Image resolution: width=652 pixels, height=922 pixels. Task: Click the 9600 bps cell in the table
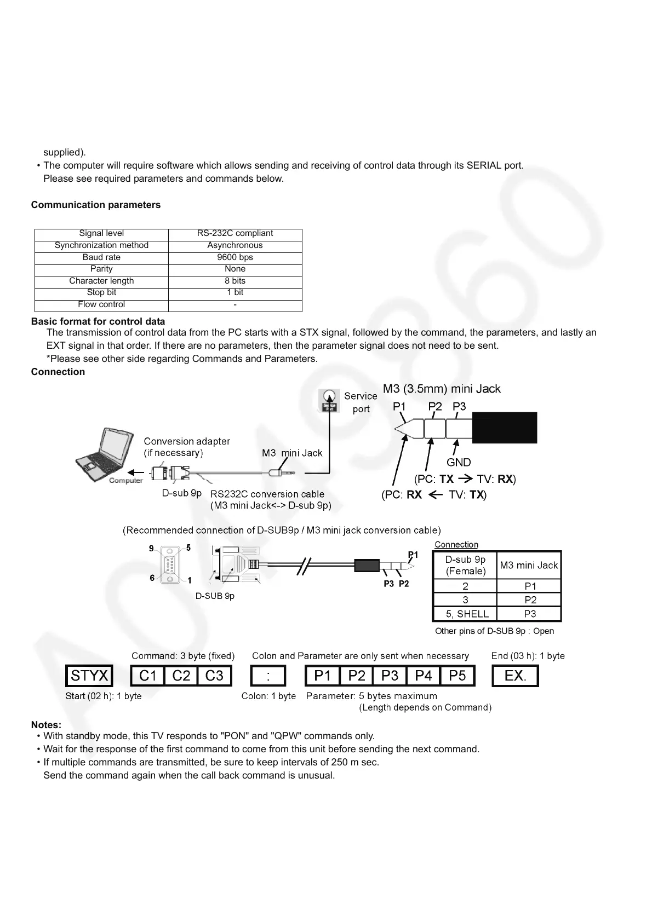(235, 257)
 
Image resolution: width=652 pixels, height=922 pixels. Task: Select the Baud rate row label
(101, 257)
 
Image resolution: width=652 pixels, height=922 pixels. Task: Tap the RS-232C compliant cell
(235, 233)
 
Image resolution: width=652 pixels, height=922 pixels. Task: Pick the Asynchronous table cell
(235, 245)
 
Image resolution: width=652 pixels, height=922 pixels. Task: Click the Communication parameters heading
(96, 205)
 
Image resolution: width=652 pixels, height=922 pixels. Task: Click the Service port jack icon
(329, 400)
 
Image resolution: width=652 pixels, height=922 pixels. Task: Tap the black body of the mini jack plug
(504, 428)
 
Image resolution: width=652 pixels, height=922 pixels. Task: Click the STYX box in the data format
(89, 676)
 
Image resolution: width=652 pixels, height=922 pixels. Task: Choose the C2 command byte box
(181, 676)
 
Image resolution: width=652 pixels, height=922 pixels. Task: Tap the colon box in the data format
(268, 676)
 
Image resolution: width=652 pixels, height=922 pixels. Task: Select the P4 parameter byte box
(423, 676)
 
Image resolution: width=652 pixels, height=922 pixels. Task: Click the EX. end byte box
(515, 676)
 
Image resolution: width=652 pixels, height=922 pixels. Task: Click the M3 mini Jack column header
(529, 565)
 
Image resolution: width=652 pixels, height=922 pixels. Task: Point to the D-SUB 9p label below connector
(215, 596)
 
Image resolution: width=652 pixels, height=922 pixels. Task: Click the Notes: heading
(46, 725)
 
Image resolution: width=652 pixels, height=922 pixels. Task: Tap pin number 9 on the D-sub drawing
(151, 548)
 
